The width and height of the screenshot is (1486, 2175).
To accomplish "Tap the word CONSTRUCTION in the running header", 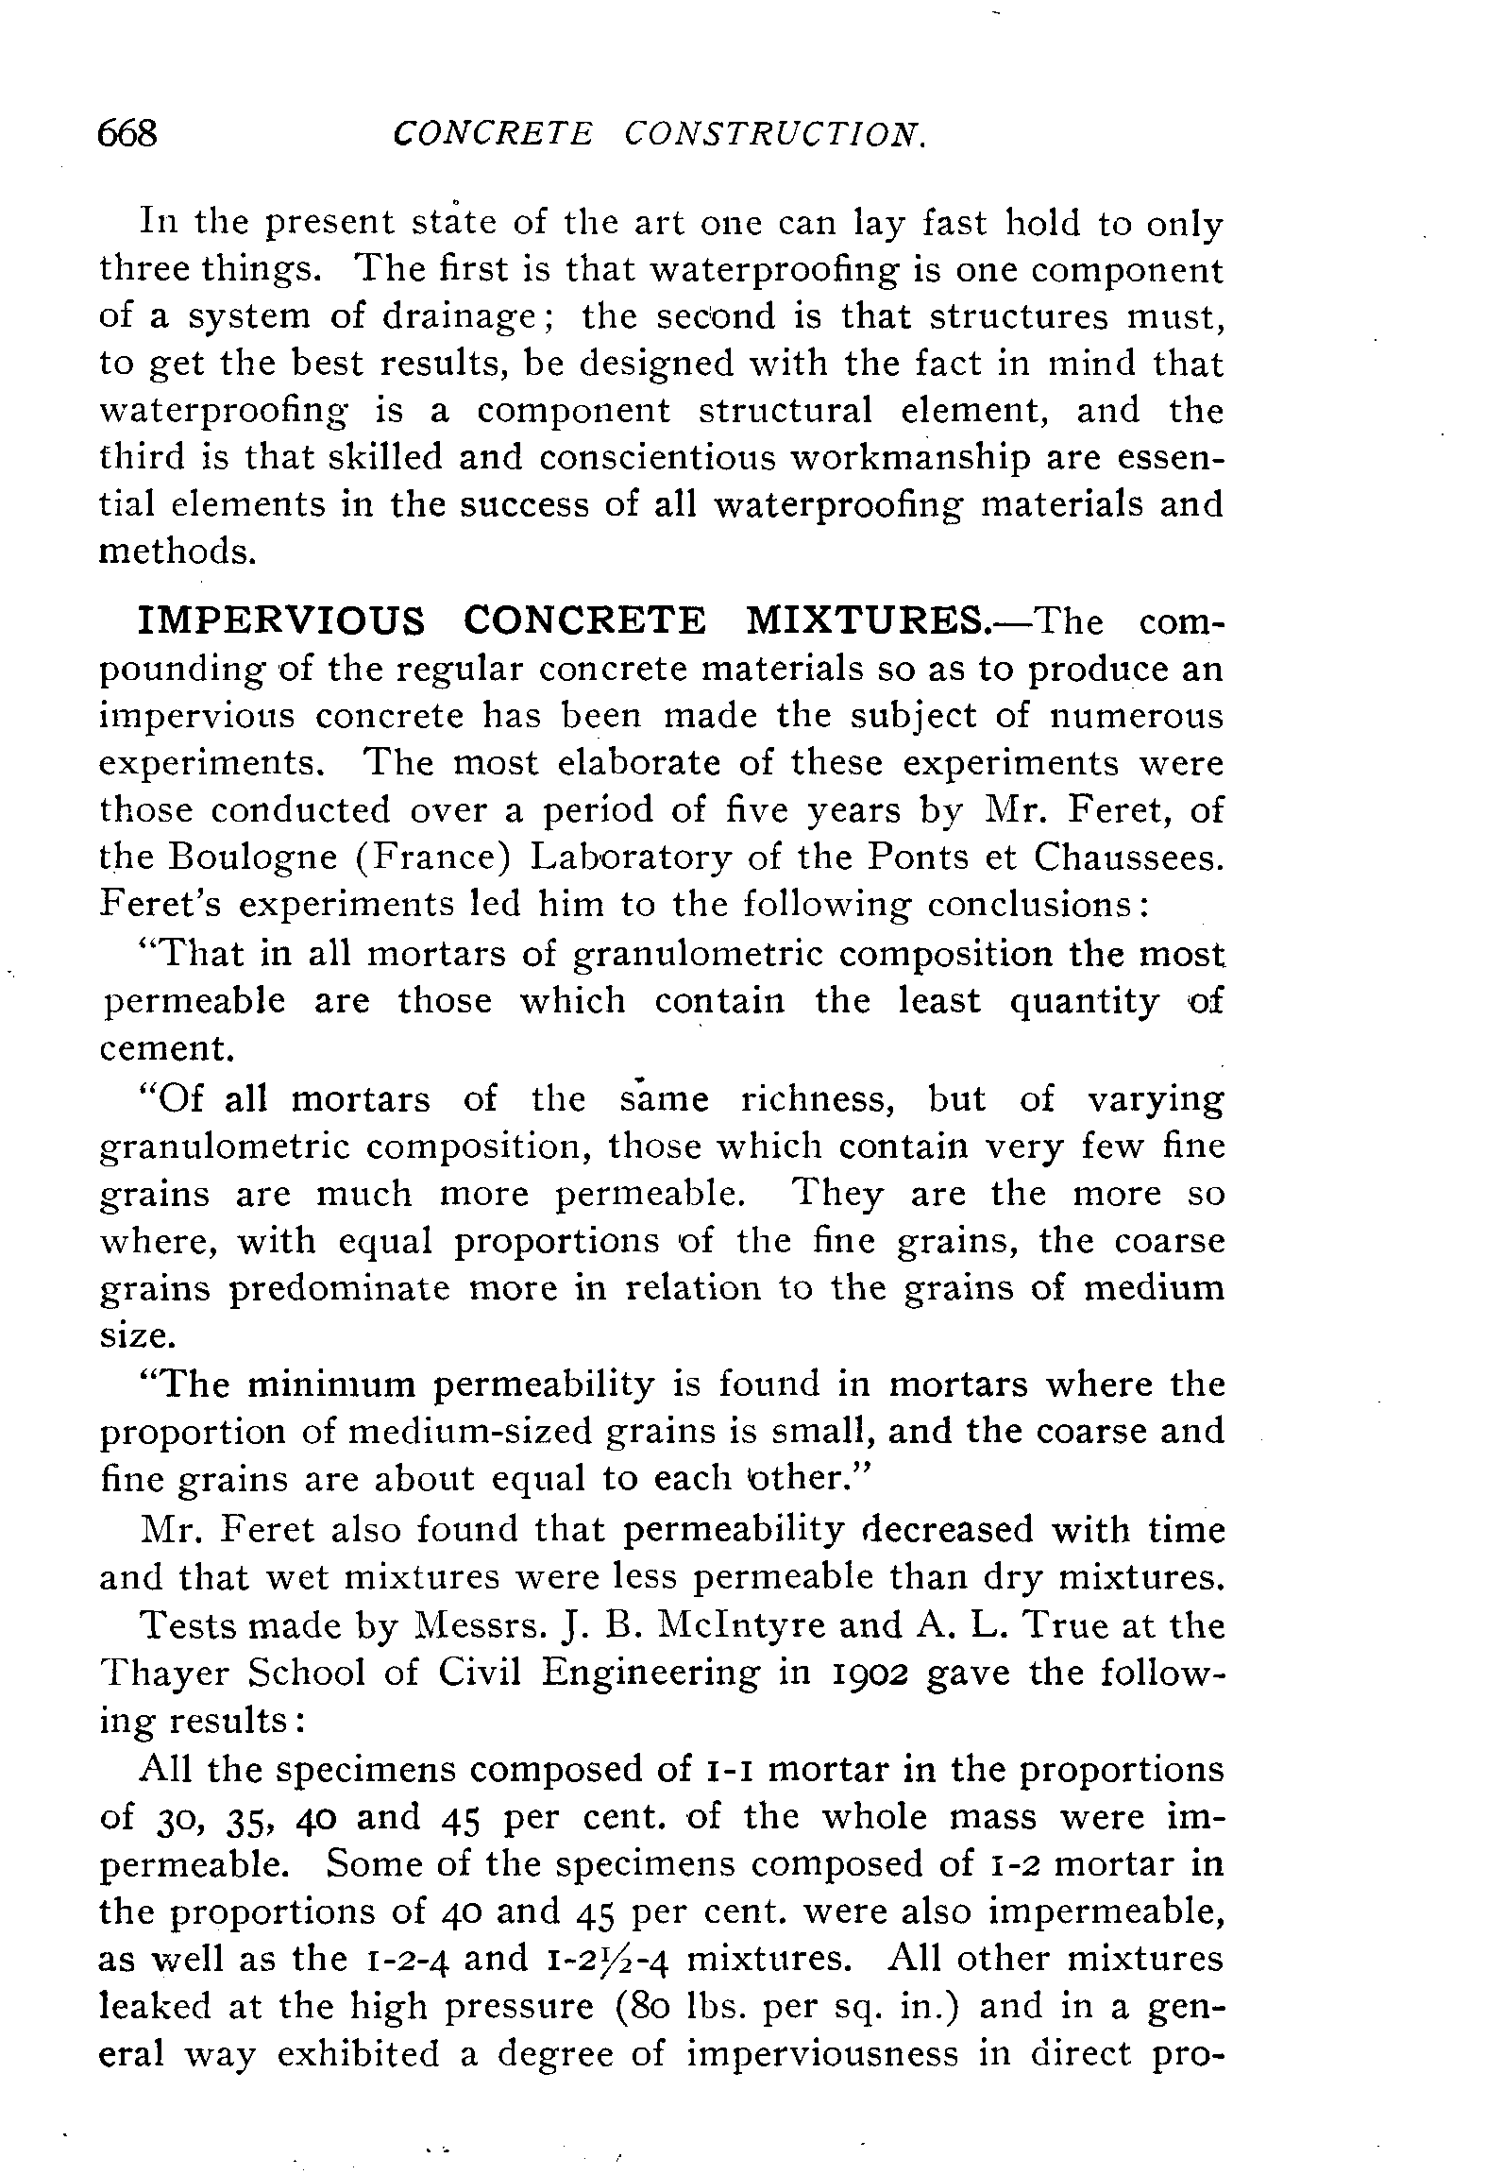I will [x=775, y=134].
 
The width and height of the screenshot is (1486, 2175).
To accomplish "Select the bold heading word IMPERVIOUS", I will [x=281, y=620].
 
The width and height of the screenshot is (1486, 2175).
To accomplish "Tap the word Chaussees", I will [x=1128, y=857].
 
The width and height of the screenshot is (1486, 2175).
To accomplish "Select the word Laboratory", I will [x=630, y=858].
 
